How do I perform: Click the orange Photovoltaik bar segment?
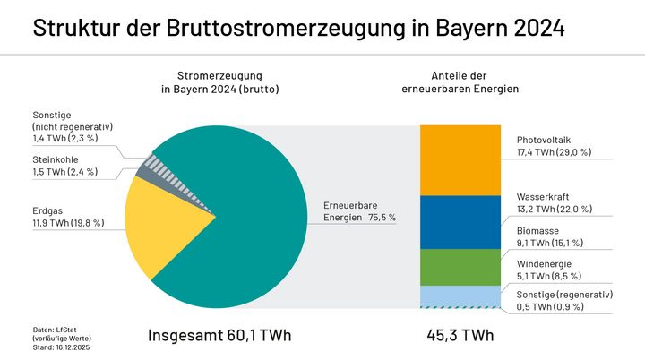tap(460, 160)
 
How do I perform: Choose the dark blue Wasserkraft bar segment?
tap(460, 222)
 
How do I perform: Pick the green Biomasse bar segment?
tap(460, 267)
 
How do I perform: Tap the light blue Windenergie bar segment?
tap(460, 296)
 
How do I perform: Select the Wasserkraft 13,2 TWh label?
tap(554, 202)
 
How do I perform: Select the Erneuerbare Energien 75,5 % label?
tap(358, 211)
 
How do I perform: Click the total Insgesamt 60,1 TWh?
tap(219, 336)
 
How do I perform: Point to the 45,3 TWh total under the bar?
tap(460, 336)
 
